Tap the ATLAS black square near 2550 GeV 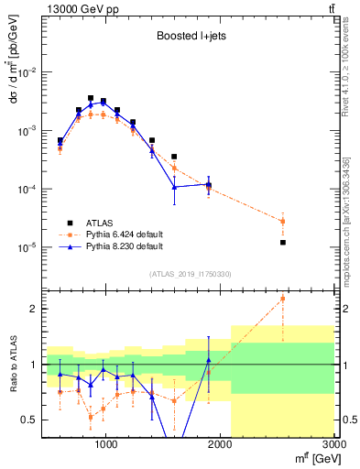(x=283, y=243)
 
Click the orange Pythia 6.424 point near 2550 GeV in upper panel (x=283, y=221)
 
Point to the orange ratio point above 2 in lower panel (x=283, y=299)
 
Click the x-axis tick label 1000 (x=105, y=444)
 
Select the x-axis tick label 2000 (x=220, y=444)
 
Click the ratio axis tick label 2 (x=33, y=309)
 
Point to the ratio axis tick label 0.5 (x=28, y=420)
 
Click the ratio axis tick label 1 (x=33, y=365)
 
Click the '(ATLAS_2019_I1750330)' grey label (x=190, y=274)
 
